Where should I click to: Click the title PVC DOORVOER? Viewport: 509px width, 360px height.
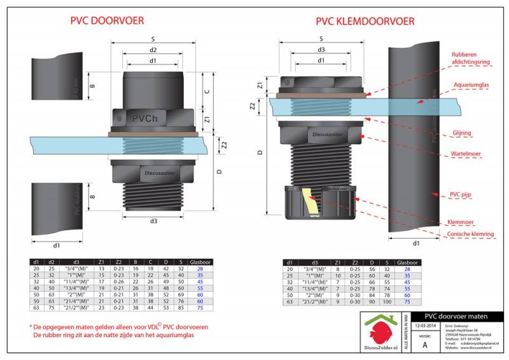pyautogui.click(x=112, y=21)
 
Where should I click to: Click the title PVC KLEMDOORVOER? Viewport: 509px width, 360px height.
pyautogui.click(x=365, y=21)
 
